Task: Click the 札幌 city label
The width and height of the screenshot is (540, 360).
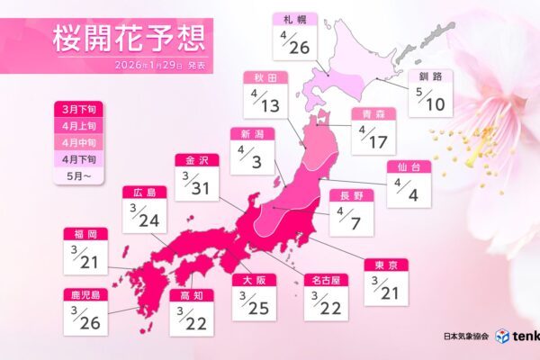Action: [x=295, y=19]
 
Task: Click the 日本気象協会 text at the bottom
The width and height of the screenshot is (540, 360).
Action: [x=466, y=335]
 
